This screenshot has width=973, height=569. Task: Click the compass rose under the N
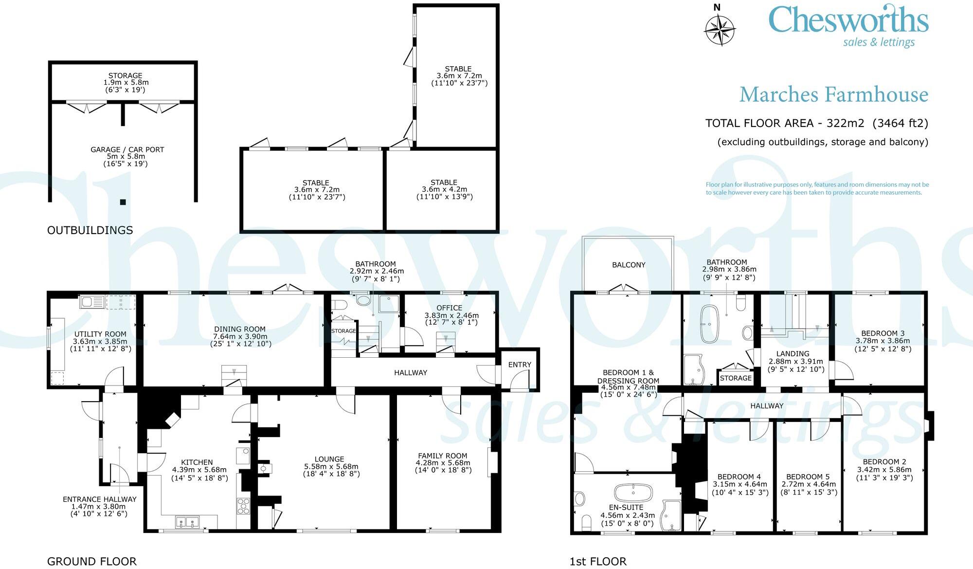(720, 30)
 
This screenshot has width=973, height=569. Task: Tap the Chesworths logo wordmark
(848, 20)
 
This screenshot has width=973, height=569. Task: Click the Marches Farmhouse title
(833, 94)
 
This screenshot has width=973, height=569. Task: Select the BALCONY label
(629, 265)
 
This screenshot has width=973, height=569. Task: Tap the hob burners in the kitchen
(243, 506)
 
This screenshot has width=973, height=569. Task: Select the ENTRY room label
(520, 365)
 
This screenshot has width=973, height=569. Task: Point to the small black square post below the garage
(123, 202)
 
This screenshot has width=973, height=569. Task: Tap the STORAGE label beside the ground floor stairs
(343, 331)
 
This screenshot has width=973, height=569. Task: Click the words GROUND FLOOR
(91, 561)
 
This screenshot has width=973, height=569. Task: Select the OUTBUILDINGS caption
(90, 230)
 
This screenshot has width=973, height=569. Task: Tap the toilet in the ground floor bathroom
(339, 305)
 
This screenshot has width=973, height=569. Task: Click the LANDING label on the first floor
(793, 354)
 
